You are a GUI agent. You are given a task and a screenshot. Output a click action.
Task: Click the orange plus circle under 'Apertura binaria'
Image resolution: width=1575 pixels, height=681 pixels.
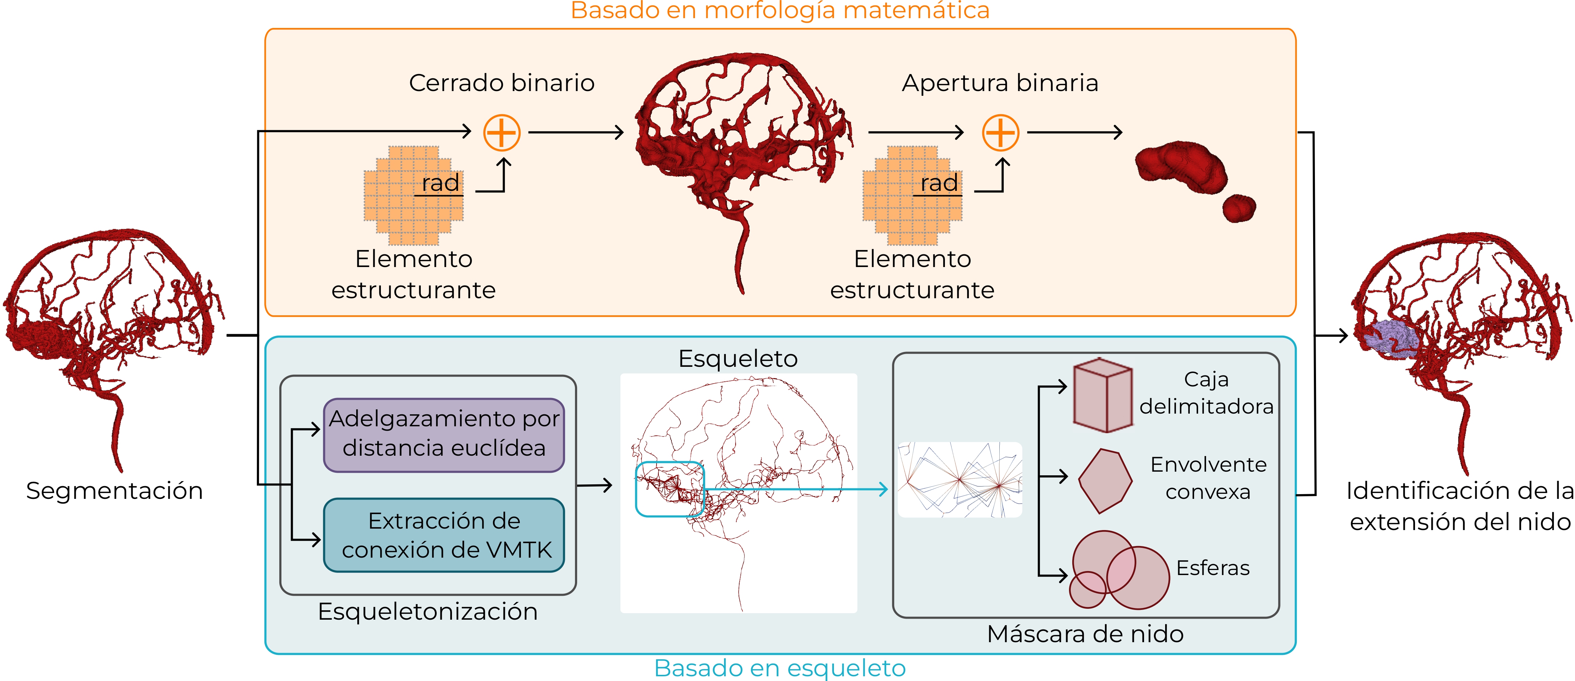1000,133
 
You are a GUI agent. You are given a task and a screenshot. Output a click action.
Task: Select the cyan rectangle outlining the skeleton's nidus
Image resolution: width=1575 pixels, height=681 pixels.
670,489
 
